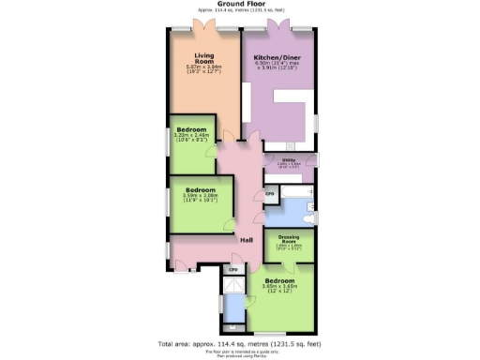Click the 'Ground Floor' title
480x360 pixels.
(x=239, y=5)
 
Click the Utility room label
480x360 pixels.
(x=289, y=161)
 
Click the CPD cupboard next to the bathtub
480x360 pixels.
(x=270, y=193)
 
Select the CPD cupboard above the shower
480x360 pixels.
(x=233, y=270)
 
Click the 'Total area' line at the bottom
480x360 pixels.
(x=240, y=344)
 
